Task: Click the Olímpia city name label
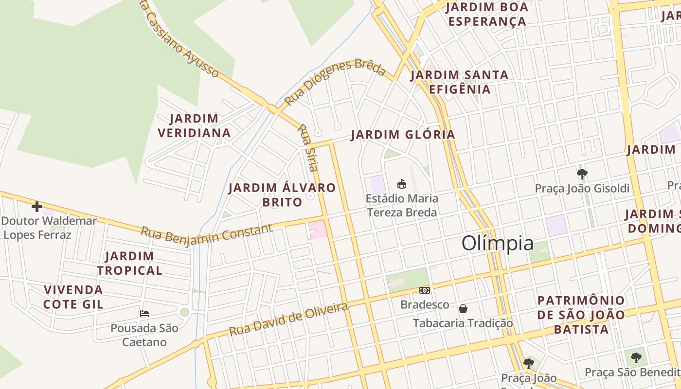(497, 243)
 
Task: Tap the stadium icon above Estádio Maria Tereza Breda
(402, 184)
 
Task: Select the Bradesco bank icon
(425, 290)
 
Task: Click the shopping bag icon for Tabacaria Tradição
(463, 309)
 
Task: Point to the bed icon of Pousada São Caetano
(144, 313)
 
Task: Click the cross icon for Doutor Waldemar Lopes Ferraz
(37, 207)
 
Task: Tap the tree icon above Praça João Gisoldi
(582, 174)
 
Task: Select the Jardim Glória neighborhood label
(403, 135)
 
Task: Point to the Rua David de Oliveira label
(288, 319)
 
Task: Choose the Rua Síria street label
(307, 148)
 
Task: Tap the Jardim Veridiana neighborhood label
(194, 125)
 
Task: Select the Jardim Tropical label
(129, 263)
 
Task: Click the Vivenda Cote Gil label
(73, 297)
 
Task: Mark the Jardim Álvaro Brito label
(282, 194)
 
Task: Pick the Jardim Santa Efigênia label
(459, 82)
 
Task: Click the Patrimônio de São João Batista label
(581, 315)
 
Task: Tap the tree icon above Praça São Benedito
(635, 358)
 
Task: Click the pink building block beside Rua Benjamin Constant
(317, 230)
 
